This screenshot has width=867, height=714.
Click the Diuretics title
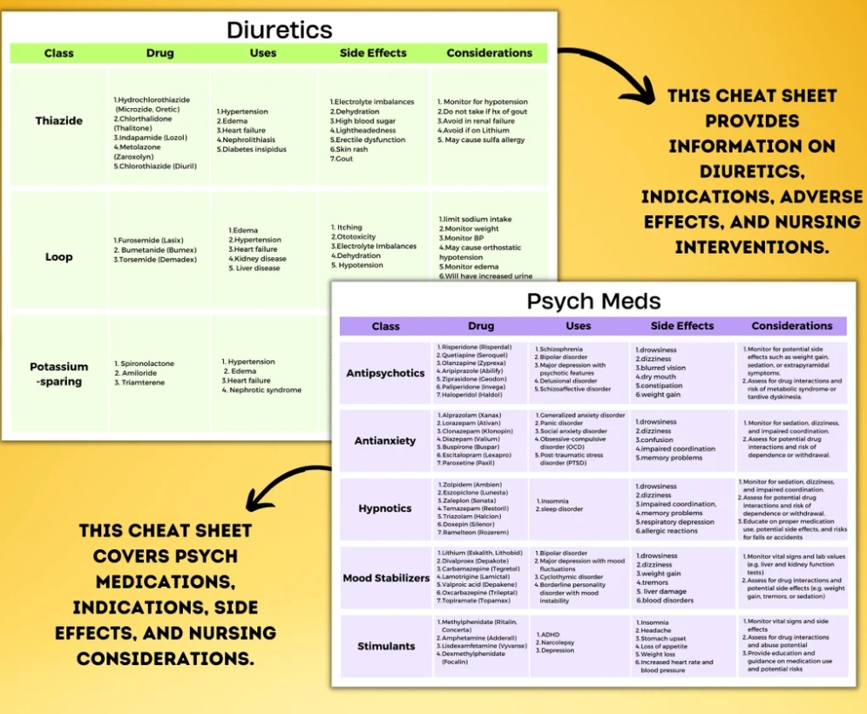click(x=279, y=30)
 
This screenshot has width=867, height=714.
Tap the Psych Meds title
click(x=593, y=302)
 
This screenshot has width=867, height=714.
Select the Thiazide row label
click(x=59, y=120)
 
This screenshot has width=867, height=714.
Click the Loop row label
click(x=59, y=256)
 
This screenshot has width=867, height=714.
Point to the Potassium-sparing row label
click(x=59, y=374)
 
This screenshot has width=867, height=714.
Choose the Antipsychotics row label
click(x=385, y=372)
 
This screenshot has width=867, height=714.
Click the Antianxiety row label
click(x=385, y=440)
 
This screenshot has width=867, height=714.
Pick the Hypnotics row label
click(x=385, y=508)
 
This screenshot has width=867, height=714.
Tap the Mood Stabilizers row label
click(x=386, y=577)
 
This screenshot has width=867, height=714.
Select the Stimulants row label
click(x=386, y=646)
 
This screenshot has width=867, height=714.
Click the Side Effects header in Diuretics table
click(x=373, y=53)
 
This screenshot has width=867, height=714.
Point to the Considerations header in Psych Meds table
click(x=791, y=326)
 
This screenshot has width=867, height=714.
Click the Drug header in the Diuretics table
click(x=159, y=53)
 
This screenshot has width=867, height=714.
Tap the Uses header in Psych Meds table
click(x=578, y=326)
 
